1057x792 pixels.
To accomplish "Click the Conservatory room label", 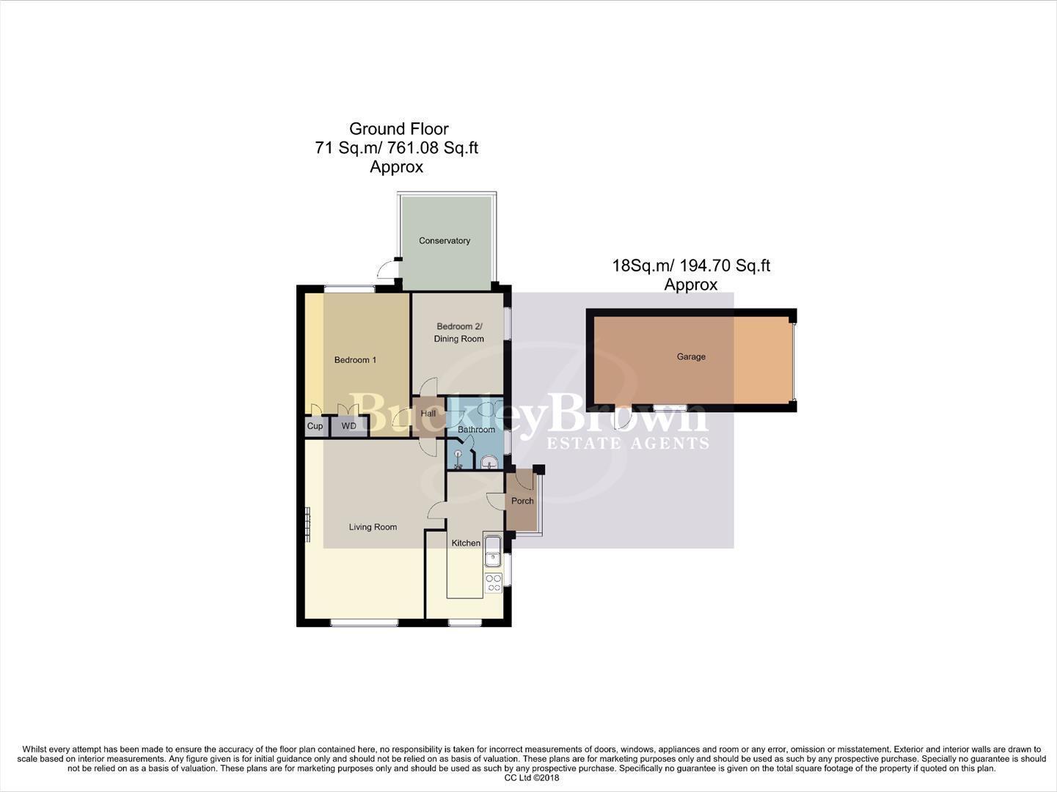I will (445, 241).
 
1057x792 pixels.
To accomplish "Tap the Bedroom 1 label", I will (355, 360).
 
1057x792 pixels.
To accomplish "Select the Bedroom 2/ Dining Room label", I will (459, 332).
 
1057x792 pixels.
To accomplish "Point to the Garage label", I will (691, 357).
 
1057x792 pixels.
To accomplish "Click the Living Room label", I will (373, 527).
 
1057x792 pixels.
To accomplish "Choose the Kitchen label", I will (466, 543).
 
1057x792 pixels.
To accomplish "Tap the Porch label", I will (522, 502).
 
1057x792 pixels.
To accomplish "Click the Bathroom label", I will (476, 430).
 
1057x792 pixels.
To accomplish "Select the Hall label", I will (428, 414).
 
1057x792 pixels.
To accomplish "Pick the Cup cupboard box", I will (315, 426).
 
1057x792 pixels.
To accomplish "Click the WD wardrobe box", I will (349, 426).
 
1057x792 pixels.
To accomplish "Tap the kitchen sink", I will (492, 551).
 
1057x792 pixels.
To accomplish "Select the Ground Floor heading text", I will (398, 129).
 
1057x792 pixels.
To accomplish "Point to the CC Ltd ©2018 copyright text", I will (532, 778).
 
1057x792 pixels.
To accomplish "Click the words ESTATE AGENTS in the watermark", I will (629, 443).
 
